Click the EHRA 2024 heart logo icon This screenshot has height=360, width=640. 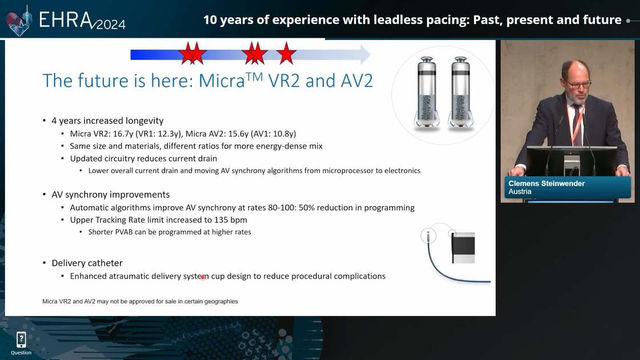coord(19,21)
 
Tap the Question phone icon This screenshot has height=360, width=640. coord(21,339)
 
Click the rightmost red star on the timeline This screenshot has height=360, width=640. coord(286,54)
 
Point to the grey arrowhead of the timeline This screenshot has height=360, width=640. coord(365,54)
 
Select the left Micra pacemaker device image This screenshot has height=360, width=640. coord(427,93)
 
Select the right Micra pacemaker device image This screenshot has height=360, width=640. coord(461,93)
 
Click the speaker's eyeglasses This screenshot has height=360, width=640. coord(579,85)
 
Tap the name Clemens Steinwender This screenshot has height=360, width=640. coord(546,183)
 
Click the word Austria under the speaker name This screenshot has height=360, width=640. coord(520,192)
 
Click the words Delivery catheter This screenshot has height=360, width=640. coord(87,263)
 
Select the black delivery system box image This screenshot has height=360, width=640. coord(463,248)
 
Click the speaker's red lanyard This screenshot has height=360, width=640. coord(576,122)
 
